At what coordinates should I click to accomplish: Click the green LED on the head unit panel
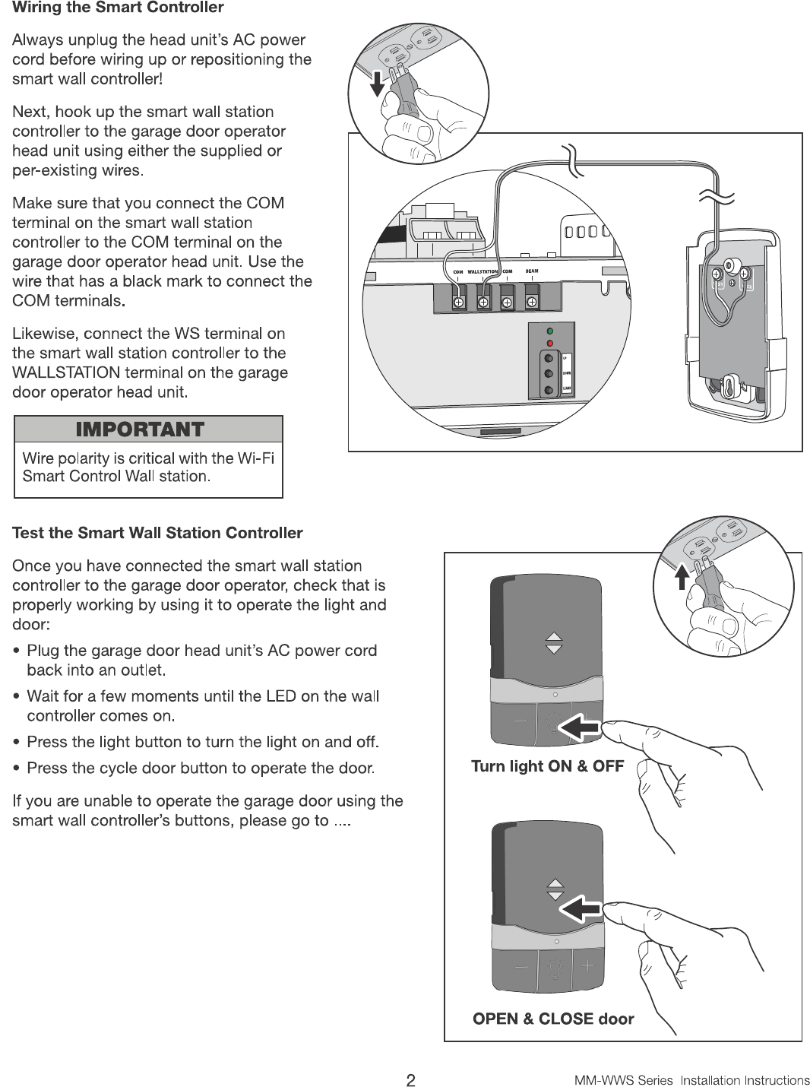[x=549, y=331]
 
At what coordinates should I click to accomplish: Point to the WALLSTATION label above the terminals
[x=482, y=271]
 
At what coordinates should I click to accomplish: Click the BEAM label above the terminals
[x=532, y=271]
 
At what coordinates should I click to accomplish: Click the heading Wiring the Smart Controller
[x=118, y=8]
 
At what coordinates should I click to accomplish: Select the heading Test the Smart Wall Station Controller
[x=157, y=533]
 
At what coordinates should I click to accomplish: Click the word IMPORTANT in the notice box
[x=140, y=429]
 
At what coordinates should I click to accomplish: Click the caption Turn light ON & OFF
[x=547, y=765]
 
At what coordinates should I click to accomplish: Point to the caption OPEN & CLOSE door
[x=552, y=1019]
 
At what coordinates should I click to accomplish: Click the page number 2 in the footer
[x=410, y=1079]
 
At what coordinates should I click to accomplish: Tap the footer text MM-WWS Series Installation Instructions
[x=691, y=1080]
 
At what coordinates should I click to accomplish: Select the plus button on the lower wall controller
[x=587, y=966]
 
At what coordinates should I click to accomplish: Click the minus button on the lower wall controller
[x=521, y=966]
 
